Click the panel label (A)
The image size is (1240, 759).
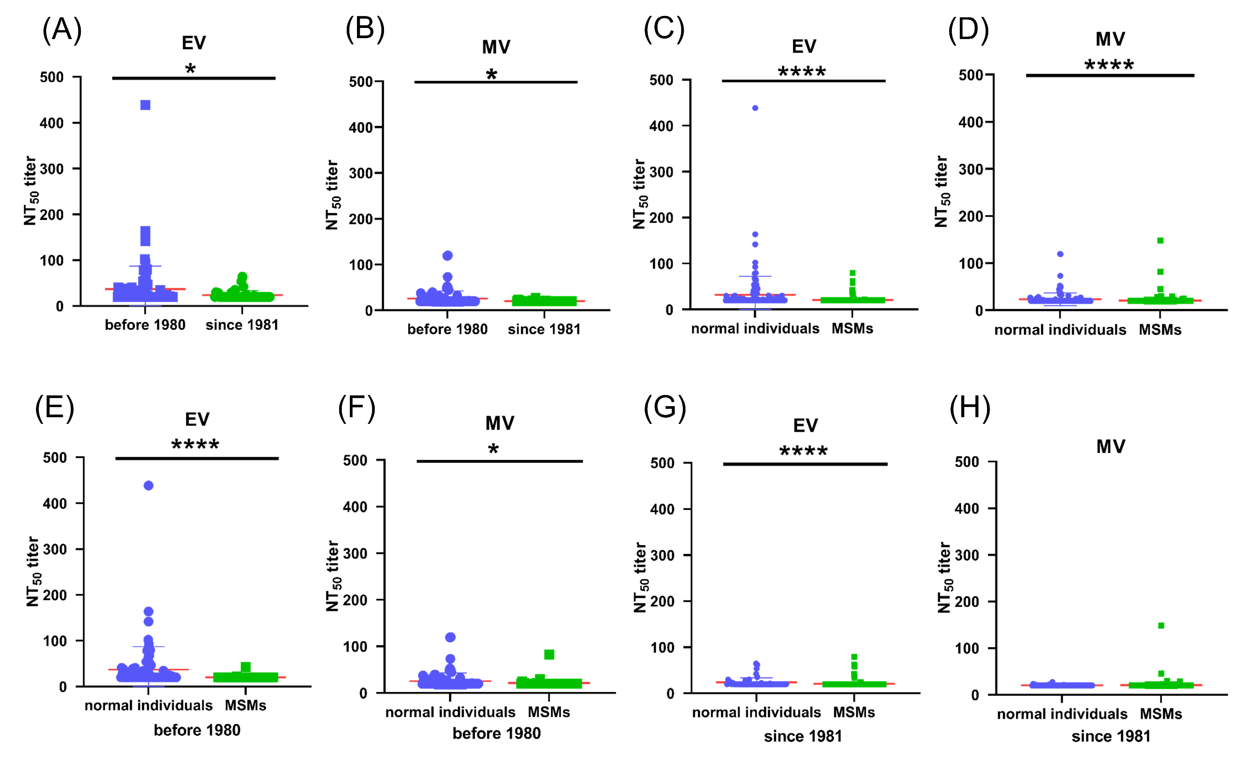click(x=62, y=30)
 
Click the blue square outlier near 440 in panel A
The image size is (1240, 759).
click(x=146, y=105)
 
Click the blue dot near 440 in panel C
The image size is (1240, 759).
click(x=755, y=108)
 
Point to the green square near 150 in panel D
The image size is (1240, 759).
click(x=1161, y=241)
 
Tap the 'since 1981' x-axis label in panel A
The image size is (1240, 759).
click(x=242, y=325)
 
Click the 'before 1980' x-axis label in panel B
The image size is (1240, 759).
click(x=448, y=329)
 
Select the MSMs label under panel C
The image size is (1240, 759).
click(x=852, y=329)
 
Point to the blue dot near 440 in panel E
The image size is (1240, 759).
click(x=148, y=486)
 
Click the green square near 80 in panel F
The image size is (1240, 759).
click(x=549, y=655)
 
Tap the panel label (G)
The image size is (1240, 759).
click(x=665, y=407)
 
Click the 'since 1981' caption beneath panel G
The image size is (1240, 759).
click(x=803, y=736)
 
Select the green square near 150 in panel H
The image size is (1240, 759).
click(x=1161, y=626)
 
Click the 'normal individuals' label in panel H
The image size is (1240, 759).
click(x=1062, y=714)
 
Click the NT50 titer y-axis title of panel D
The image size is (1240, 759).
click(x=942, y=191)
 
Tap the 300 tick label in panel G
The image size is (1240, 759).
click(x=662, y=556)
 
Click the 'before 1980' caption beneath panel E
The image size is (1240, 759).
click(x=197, y=730)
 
